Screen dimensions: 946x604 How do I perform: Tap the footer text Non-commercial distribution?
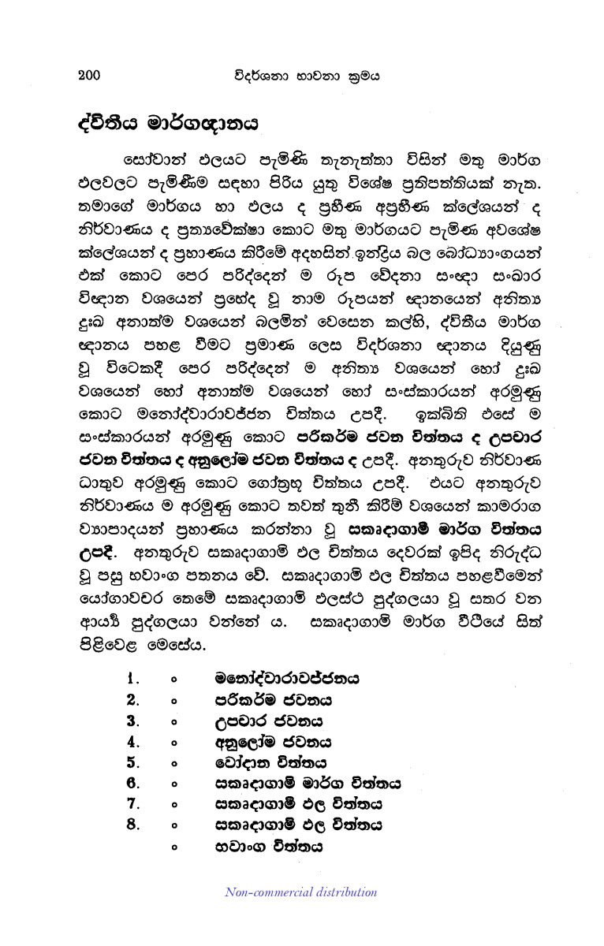pos(301,892)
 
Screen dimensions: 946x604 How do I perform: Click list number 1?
pos(134,678)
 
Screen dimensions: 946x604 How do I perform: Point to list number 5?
pos(133,762)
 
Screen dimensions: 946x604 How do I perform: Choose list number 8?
pos(133,825)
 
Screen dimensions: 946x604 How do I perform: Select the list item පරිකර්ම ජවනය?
pos(273,699)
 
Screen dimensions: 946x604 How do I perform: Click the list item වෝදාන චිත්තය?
pos(270,762)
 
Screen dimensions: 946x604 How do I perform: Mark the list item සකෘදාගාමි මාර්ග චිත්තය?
pos(308,784)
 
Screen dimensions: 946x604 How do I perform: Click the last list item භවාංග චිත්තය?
pos(268,847)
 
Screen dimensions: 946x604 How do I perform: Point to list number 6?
pos(133,784)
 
